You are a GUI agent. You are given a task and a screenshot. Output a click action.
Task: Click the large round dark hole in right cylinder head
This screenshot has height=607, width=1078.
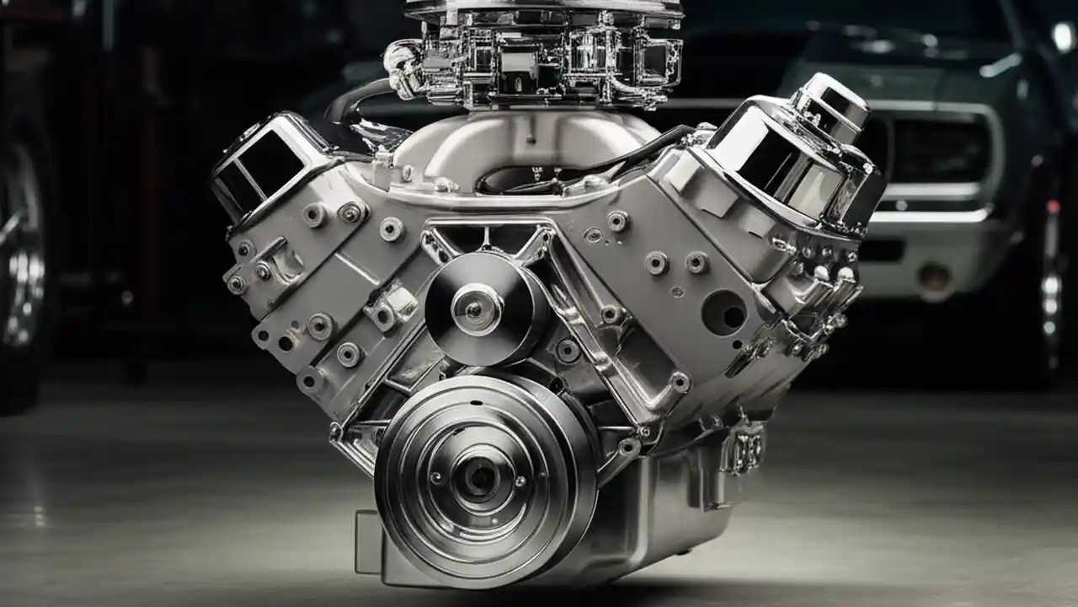(x=724, y=313)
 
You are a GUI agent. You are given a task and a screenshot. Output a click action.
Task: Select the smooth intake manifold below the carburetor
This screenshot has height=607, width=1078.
(x=522, y=139)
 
